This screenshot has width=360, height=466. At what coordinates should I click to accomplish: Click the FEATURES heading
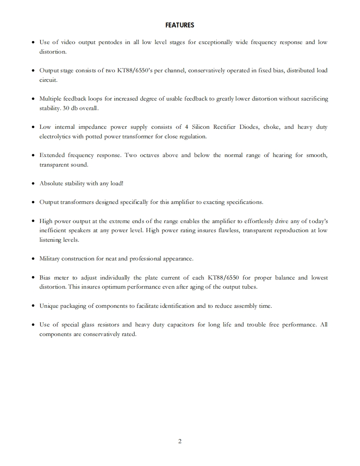click(180, 25)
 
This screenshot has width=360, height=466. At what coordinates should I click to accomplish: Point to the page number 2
click(180, 441)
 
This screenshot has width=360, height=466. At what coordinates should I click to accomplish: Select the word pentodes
click(109, 42)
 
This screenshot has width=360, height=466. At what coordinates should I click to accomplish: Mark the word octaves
click(139, 155)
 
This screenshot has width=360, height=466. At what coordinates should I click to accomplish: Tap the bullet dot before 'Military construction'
click(33, 259)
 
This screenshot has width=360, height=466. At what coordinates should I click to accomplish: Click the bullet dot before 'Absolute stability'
click(33, 183)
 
